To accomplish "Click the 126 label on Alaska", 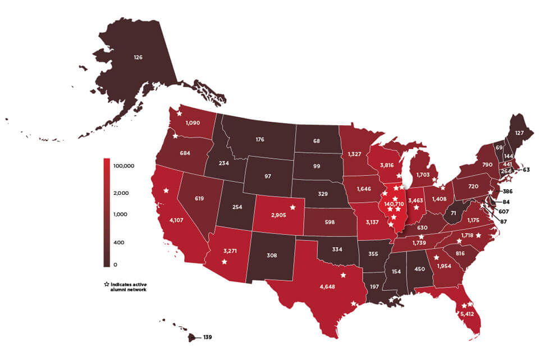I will pos(138,57).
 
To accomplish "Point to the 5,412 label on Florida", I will pos(467,313).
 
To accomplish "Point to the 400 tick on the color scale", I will pos(120,243).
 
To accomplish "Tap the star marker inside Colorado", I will pos(293,207).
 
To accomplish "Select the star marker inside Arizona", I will pos(225,262).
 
